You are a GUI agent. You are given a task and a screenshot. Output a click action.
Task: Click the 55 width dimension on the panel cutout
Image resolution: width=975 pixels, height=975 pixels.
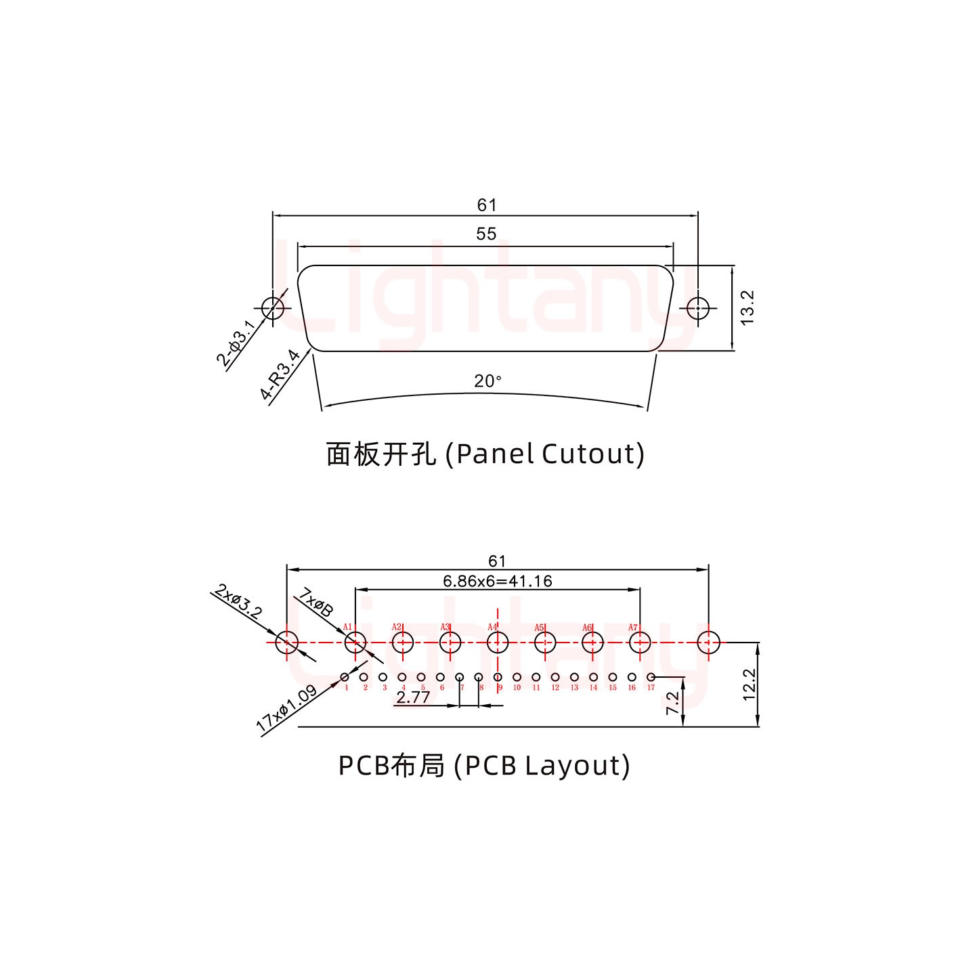(x=486, y=234)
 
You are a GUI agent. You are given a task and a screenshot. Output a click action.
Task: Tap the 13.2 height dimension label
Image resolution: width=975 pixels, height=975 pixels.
(x=747, y=307)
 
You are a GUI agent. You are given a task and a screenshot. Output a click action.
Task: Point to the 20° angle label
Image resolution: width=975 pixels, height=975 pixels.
(x=487, y=381)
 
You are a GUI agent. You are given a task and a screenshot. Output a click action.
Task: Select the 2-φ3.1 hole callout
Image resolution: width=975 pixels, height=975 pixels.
(x=236, y=343)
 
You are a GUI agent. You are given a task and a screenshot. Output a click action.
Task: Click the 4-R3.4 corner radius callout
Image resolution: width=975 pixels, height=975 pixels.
(x=280, y=374)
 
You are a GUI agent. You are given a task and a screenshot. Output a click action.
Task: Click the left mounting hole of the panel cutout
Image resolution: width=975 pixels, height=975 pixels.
(x=273, y=308)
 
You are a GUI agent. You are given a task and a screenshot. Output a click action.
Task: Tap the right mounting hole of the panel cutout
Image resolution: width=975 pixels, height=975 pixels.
(x=698, y=308)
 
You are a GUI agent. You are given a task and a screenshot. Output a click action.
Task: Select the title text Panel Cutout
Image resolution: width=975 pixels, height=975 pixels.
(x=485, y=454)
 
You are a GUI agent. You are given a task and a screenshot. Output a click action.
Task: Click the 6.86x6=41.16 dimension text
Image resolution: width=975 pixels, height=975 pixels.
(x=497, y=581)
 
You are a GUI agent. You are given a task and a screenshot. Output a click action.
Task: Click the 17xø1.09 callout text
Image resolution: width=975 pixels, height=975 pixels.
(x=286, y=709)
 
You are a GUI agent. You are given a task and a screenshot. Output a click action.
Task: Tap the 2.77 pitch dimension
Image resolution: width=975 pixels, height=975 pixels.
(x=413, y=697)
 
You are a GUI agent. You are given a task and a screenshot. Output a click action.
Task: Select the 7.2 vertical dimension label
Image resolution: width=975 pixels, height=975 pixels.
(x=672, y=703)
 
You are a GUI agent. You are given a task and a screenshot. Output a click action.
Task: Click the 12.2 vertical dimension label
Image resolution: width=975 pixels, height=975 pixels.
(x=748, y=685)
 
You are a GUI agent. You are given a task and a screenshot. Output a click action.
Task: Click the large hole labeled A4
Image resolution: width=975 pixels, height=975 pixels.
(x=498, y=642)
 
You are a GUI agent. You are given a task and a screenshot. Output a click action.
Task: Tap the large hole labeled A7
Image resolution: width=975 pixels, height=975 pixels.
(x=640, y=642)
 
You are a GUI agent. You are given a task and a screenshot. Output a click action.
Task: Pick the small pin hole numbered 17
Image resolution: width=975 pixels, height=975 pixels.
(x=651, y=677)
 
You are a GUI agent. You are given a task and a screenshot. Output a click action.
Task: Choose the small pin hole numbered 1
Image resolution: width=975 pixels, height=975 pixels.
(x=345, y=677)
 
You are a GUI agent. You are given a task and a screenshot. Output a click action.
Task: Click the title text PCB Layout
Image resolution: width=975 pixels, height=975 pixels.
(x=483, y=766)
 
